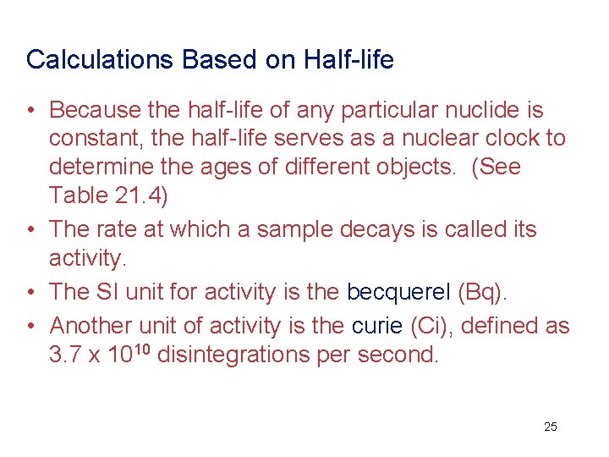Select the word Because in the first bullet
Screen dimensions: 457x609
click(x=96, y=110)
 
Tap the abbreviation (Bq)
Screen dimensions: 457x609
click(x=482, y=292)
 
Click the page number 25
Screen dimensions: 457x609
click(x=550, y=427)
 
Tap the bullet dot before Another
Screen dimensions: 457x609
click(x=31, y=326)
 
